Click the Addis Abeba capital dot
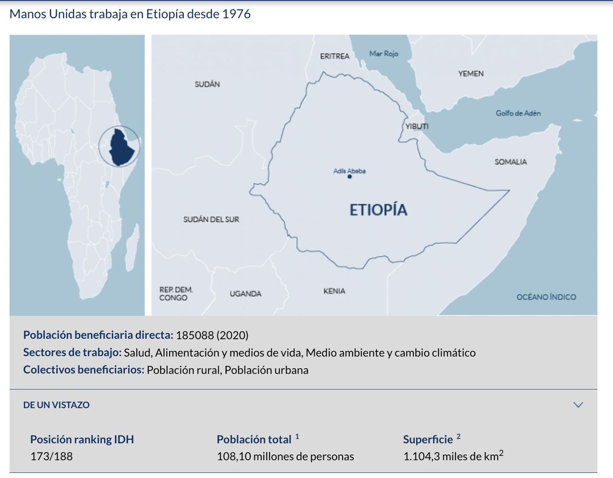coord(349,177)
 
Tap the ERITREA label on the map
coord(334,56)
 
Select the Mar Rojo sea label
coord(384,54)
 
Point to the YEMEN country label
coord(471,74)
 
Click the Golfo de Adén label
coord(518,113)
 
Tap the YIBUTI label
coord(417,126)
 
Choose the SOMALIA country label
coord(510,162)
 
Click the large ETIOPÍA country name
coord(378,210)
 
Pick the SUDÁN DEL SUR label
coord(211,219)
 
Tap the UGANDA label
coord(245,294)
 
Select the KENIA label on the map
coord(334,291)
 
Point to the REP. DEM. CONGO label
coord(176,294)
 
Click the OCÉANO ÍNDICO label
coord(546,297)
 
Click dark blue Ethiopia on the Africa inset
coord(121,148)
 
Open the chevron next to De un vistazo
coord(578,405)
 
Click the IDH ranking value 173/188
coord(51,456)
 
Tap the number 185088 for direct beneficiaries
coord(195,335)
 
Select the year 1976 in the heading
coord(236,14)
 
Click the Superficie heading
coord(428,439)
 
